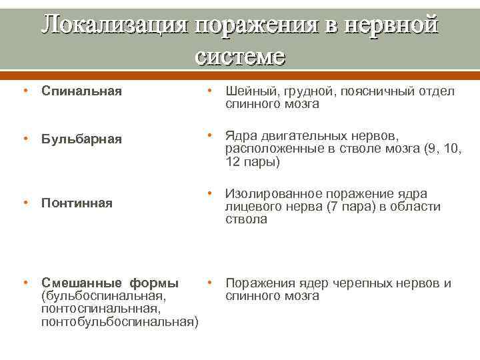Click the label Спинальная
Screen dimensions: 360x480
81,91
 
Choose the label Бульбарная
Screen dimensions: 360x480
81,139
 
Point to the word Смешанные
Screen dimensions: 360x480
79,283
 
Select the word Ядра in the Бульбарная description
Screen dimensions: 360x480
241,135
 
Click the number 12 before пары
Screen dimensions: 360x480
232,161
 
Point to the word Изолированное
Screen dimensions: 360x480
273,194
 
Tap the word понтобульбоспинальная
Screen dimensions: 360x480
119,322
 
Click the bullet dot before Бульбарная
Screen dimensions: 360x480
25,138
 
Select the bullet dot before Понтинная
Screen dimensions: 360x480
25,202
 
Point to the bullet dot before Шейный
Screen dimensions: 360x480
209,91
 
